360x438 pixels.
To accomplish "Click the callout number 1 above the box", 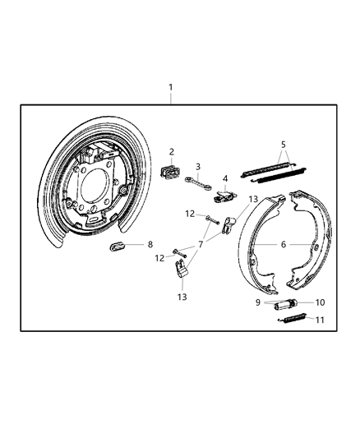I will (x=170, y=87).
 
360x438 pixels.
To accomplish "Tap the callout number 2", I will (x=172, y=151).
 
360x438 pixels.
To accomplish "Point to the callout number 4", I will (x=224, y=178).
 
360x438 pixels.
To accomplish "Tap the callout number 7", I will (x=200, y=243).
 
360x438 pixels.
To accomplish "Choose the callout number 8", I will (x=150, y=244).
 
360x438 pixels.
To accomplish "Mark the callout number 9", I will (x=256, y=302).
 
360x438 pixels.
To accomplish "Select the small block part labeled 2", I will (x=172, y=170).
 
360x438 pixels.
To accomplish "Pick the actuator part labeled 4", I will (x=224, y=196).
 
